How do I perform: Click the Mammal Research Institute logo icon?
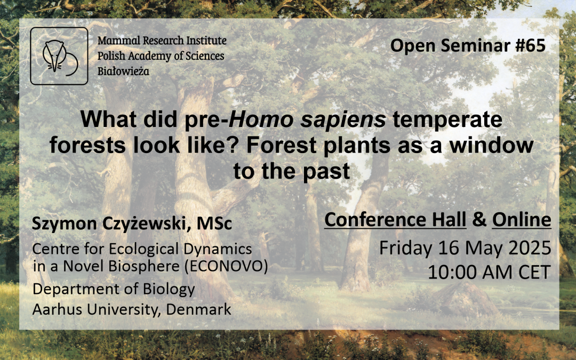[59, 56]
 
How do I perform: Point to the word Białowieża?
[123, 71]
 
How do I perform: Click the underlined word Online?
[522, 220]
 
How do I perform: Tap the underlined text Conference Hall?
[395, 220]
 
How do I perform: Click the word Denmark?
[199, 309]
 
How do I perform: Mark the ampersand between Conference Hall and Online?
[479, 220]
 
